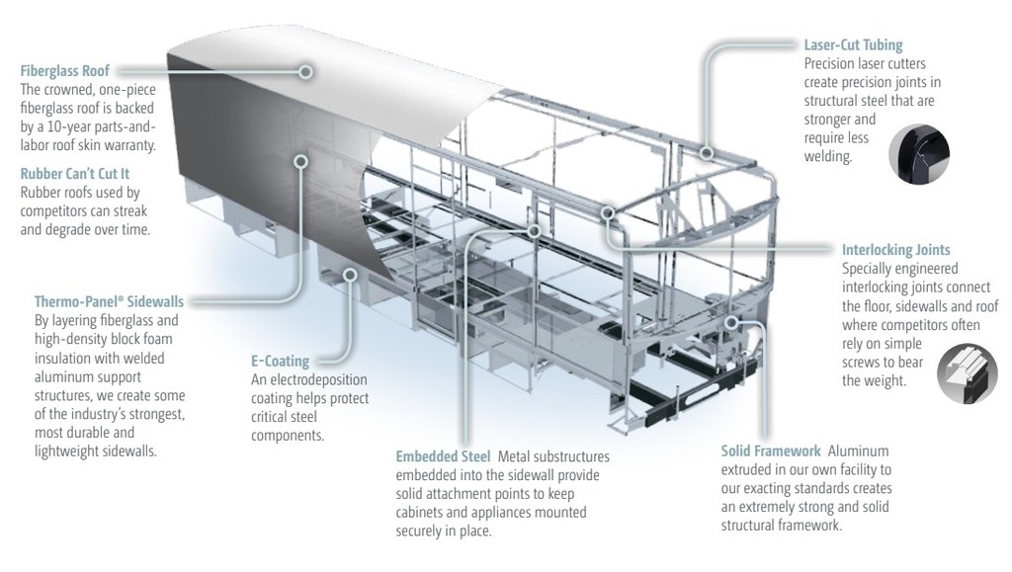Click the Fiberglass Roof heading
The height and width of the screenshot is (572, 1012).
click(x=64, y=71)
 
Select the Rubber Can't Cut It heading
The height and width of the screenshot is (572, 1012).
click(x=74, y=174)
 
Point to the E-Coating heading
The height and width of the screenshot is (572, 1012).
click(x=281, y=362)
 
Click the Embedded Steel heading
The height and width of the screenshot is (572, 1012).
click(x=443, y=456)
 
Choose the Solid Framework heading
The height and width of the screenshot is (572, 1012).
click(x=770, y=450)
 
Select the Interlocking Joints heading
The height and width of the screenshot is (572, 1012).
click(x=895, y=250)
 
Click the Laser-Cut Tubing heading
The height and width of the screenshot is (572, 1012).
click(x=853, y=45)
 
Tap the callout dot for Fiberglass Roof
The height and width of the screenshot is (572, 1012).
click(x=306, y=71)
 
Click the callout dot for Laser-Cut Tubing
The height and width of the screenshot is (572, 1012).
click(x=709, y=152)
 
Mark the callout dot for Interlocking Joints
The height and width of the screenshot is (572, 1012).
click(x=610, y=211)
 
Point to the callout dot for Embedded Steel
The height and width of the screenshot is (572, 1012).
click(x=535, y=231)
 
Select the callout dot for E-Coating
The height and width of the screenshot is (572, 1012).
click(x=347, y=273)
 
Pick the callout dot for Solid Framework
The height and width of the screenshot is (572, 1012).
click(x=732, y=322)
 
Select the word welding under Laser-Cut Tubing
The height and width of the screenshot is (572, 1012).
click(x=829, y=156)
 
